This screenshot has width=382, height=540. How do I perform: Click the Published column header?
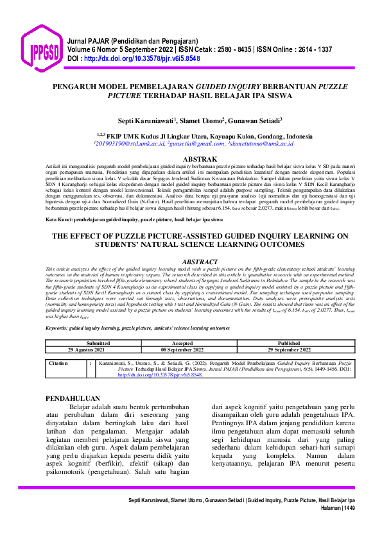click(x=288, y=343)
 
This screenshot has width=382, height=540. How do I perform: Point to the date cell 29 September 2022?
click(x=288, y=350)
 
